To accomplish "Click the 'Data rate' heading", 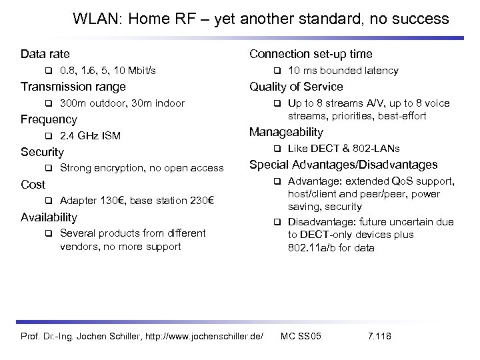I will [45, 53].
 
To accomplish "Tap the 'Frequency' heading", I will [49, 120].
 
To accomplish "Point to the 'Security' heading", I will [42, 152].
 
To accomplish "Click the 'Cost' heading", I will [33, 184].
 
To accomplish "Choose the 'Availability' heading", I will [49, 217].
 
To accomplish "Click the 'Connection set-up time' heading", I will [311, 53].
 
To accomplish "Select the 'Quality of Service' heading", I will [296, 87].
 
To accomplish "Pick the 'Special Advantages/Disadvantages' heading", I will [343, 165].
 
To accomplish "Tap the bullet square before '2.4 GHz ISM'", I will [48, 137].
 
